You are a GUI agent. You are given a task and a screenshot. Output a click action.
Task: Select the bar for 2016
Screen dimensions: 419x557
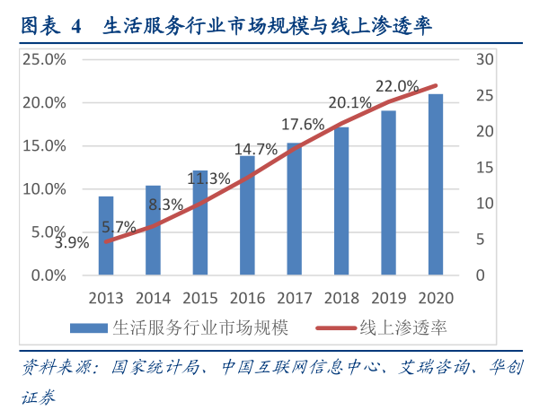[x=247, y=215]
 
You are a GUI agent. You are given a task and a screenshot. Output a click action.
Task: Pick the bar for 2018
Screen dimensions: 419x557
[x=341, y=201]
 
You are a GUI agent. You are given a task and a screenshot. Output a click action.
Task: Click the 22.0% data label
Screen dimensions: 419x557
[x=396, y=86]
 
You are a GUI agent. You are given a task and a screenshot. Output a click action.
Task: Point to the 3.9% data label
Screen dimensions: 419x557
[x=71, y=242]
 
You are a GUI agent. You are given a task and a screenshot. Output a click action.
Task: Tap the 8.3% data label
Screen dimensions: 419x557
[x=165, y=204]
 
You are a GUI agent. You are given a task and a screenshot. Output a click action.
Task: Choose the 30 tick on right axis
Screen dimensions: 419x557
[x=486, y=59]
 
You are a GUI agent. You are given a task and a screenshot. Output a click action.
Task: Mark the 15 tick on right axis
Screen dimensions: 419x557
[x=485, y=168]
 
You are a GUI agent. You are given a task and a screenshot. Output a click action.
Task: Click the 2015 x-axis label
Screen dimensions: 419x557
[x=199, y=298]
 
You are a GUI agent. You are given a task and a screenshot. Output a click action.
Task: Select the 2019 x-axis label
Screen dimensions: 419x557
[x=387, y=298]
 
